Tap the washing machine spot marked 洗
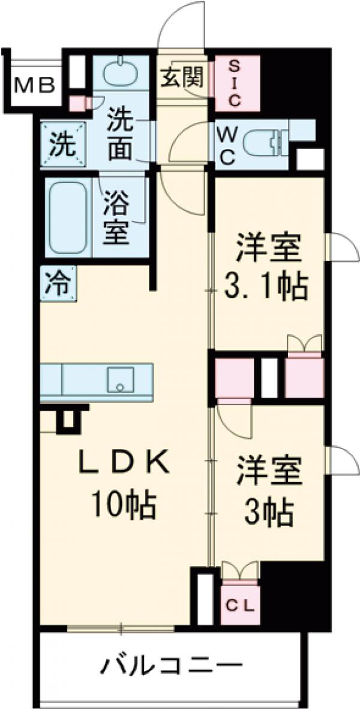62,143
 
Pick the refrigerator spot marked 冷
58,282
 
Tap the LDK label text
127,463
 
